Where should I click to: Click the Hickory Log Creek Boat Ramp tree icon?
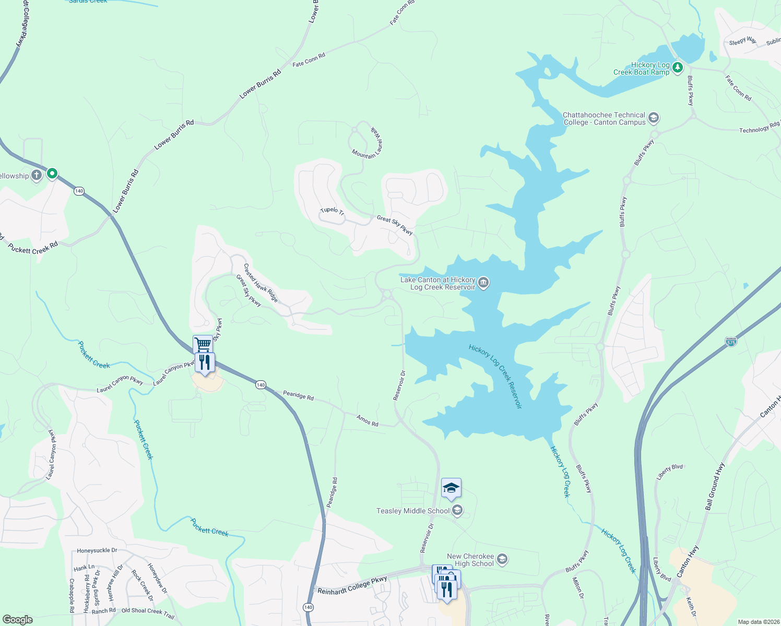click(678, 67)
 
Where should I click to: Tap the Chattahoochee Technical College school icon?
click(653, 118)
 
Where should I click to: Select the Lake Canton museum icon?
click(483, 283)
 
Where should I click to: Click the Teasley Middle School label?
click(413, 511)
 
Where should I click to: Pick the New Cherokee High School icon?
click(502, 560)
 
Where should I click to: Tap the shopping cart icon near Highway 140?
click(203, 344)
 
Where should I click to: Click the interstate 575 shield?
click(731, 342)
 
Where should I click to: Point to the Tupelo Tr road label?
click(332, 211)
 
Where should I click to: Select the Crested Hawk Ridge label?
click(261, 282)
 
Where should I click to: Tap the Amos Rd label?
click(368, 420)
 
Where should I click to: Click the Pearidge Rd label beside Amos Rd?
click(298, 395)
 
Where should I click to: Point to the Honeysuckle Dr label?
click(97, 550)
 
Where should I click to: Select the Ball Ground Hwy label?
click(715, 486)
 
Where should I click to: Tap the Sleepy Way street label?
click(742, 41)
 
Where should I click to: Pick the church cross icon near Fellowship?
click(37, 175)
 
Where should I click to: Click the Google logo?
click(17, 619)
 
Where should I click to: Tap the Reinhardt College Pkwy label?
click(352, 585)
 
